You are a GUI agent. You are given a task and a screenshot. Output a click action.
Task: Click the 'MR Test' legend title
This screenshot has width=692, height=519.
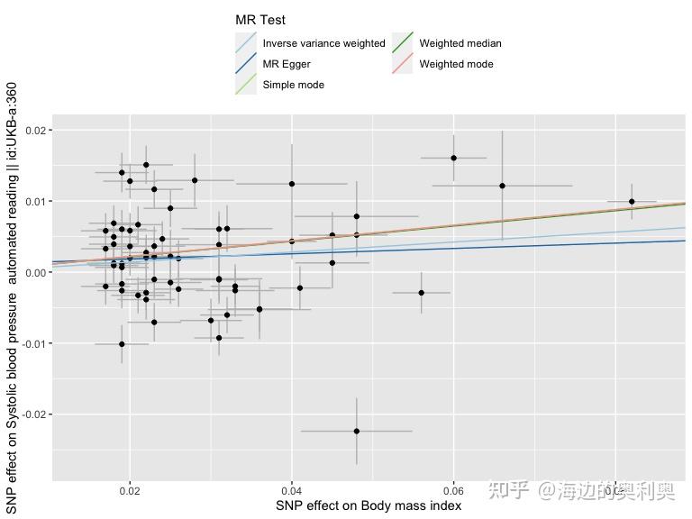point(260,20)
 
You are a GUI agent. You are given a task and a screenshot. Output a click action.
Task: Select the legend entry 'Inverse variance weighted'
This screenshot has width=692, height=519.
point(323,43)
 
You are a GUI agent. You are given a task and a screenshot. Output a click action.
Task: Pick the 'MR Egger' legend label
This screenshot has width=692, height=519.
point(287,64)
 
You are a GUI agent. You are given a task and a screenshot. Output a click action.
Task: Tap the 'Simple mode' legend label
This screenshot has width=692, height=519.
point(293,85)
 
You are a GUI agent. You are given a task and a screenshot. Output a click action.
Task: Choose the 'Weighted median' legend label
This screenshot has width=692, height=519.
point(460,43)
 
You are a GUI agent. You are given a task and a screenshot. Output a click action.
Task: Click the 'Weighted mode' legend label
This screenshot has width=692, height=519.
point(456,64)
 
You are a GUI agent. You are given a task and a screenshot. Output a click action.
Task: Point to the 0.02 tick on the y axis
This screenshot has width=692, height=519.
point(34,131)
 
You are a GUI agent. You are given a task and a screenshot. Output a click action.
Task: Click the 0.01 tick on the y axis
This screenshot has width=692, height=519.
point(34,201)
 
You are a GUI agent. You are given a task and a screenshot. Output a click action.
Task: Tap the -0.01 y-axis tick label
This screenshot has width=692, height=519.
point(32,343)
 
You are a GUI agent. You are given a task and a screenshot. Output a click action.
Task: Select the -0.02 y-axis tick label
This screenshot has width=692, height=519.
point(32,414)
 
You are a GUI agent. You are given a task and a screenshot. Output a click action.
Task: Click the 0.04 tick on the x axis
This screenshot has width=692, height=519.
point(291,492)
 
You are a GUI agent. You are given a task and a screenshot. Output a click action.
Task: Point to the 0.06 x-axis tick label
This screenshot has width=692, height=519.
point(453,492)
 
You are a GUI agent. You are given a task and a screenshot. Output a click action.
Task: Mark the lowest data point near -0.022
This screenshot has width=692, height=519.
point(357,431)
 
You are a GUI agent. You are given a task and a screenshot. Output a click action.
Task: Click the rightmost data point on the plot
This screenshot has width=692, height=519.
point(632,202)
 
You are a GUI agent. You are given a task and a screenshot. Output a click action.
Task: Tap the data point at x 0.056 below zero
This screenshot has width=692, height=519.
point(421,293)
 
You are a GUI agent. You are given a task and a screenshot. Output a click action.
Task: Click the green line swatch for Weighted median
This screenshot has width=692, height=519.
point(402,43)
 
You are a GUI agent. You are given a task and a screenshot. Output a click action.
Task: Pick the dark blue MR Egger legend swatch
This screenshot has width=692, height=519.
point(245,64)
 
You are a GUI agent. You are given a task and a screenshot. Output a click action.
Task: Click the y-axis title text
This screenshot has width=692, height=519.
point(12,297)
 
